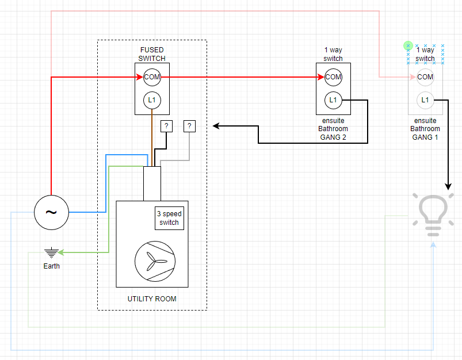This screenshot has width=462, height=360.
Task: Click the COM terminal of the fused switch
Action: tap(152, 77)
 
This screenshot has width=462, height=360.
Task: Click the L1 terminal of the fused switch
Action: tap(152, 100)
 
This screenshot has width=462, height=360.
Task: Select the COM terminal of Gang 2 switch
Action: tap(333, 77)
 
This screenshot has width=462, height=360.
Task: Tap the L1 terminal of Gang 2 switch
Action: tap(333, 100)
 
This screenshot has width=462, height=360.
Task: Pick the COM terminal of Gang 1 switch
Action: tap(425, 77)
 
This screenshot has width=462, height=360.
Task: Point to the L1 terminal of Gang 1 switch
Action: tap(425, 100)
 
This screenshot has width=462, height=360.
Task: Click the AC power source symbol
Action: tap(51, 212)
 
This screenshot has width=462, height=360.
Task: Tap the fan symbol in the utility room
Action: tap(152, 261)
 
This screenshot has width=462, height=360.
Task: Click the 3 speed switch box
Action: tap(169, 218)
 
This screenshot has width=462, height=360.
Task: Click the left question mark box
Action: tap(166, 126)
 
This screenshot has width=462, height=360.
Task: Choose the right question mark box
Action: tap(189, 126)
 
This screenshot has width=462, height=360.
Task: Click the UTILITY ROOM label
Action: tap(152, 299)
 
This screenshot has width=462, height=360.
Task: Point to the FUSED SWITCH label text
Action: tap(152, 54)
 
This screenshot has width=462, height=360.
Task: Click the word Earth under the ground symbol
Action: tap(51, 266)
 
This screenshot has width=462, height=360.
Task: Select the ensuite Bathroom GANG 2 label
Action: tap(333, 129)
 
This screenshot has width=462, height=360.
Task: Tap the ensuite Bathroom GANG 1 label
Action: tap(425, 129)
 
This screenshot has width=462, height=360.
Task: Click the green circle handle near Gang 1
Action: tap(408, 45)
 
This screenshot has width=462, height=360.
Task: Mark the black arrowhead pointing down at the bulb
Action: tap(448, 186)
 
